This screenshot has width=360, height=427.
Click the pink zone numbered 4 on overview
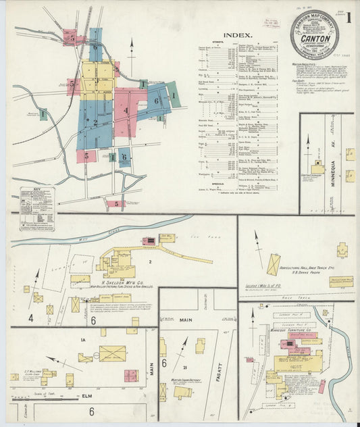[x=125, y=109]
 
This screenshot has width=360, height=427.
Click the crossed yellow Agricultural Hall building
[x=273, y=264]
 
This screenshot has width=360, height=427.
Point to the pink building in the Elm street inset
[x=130, y=376]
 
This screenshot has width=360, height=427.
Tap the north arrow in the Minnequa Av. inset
[x=309, y=145]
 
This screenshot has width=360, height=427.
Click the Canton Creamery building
[x=317, y=168]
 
